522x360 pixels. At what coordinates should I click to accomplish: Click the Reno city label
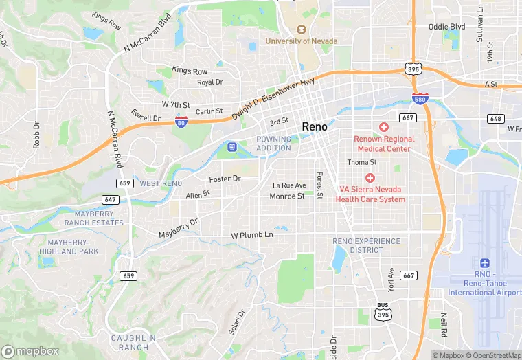click(315, 127)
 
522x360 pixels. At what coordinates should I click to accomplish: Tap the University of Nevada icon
click(301, 30)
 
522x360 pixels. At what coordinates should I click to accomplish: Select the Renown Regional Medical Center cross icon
click(383, 127)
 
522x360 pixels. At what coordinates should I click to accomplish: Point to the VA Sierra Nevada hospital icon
click(370, 178)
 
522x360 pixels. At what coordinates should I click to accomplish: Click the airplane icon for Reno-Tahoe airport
click(485, 264)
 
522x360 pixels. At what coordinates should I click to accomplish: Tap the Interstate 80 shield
click(181, 122)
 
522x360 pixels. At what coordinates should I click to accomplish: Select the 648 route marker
click(496, 119)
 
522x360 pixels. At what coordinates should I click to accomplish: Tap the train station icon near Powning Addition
click(232, 146)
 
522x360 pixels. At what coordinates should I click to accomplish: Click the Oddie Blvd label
click(446, 27)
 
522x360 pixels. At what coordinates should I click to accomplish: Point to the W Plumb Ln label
click(252, 235)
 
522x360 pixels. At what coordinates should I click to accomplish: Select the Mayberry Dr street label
click(178, 229)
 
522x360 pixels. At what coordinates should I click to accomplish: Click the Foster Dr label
click(225, 179)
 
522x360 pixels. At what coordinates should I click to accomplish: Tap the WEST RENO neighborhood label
click(161, 183)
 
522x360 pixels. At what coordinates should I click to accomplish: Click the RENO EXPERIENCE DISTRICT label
click(366, 245)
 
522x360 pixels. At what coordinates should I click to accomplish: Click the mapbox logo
click(30, 350)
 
